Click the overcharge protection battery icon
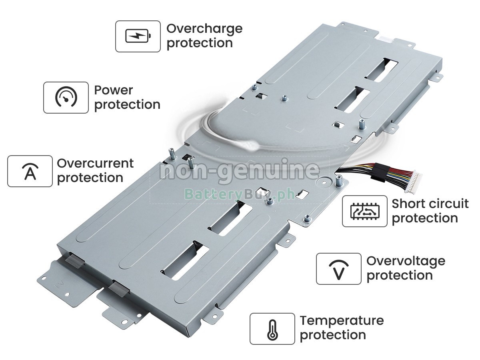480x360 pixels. coord(138,36)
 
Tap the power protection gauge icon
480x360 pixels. coord(66,98)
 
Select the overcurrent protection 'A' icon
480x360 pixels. coord(30,171)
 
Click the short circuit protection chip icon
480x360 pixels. coord(365,211)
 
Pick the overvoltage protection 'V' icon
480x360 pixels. coord(338,269)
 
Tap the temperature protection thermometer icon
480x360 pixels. coord(272,329)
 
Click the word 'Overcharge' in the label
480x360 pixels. coord(204,29)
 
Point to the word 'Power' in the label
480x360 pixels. coord(114,90)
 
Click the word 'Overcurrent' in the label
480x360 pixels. coord(95,163)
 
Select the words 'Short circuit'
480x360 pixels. coord(430,204)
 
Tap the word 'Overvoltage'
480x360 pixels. coord(406,261)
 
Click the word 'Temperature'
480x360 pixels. coord(342,321)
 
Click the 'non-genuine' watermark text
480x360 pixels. coord(239,171)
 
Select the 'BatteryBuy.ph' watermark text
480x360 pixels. coord(239,194)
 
